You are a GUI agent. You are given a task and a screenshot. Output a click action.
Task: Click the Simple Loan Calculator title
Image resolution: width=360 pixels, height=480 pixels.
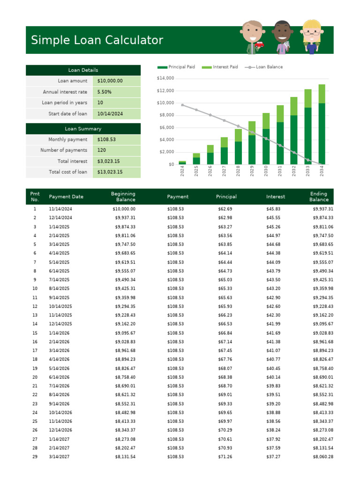[x=97, y=40]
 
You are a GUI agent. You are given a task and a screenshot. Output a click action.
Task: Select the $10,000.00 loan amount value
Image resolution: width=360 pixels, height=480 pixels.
[x=110, y=81]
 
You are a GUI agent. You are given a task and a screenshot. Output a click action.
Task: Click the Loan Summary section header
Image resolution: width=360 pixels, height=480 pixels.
[x=83, y=128]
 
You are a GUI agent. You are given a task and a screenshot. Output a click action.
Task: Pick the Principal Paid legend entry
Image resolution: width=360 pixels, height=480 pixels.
[x=177, y=67]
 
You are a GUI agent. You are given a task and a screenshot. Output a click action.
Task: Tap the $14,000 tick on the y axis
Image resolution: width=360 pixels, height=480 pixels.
[x=165, y=78]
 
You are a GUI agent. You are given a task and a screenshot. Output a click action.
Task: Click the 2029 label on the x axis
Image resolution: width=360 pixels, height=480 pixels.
[x=252, y=172]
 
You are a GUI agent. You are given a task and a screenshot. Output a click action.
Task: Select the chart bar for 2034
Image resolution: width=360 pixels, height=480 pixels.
[x=322, y=125]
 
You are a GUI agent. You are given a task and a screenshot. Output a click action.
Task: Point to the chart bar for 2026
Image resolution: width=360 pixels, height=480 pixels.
[x=210, y=155]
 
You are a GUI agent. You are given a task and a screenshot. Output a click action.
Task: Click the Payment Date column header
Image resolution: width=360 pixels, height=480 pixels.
[x=66, y=197]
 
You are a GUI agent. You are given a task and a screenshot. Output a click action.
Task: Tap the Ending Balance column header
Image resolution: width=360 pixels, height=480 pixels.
[x=319, y=197]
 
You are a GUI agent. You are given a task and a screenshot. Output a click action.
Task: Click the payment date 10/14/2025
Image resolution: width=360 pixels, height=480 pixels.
[x=60, y=307]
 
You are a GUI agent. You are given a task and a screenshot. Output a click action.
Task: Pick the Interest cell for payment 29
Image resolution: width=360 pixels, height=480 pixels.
[x=273, y=457]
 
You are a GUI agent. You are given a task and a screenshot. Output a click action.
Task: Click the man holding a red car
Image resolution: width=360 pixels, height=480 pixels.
[x=255, y=37]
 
